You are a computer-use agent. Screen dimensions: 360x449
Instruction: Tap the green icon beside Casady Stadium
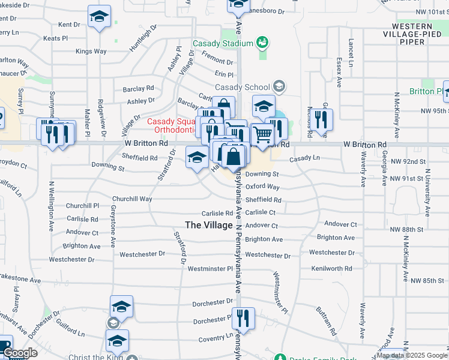coord(261,42)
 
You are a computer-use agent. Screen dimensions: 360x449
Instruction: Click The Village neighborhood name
coord(208,225)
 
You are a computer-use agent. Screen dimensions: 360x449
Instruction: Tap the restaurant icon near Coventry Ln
coord(243,318)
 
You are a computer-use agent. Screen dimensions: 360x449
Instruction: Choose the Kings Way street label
coord(91,52)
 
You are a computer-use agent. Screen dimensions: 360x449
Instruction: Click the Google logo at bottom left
coord(20,353)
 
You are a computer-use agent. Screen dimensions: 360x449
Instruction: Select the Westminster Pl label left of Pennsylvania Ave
coord(209,269)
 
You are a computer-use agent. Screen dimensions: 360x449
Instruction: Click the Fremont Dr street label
coord(217,61)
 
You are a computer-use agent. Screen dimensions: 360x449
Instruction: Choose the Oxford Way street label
coord(262,187)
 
